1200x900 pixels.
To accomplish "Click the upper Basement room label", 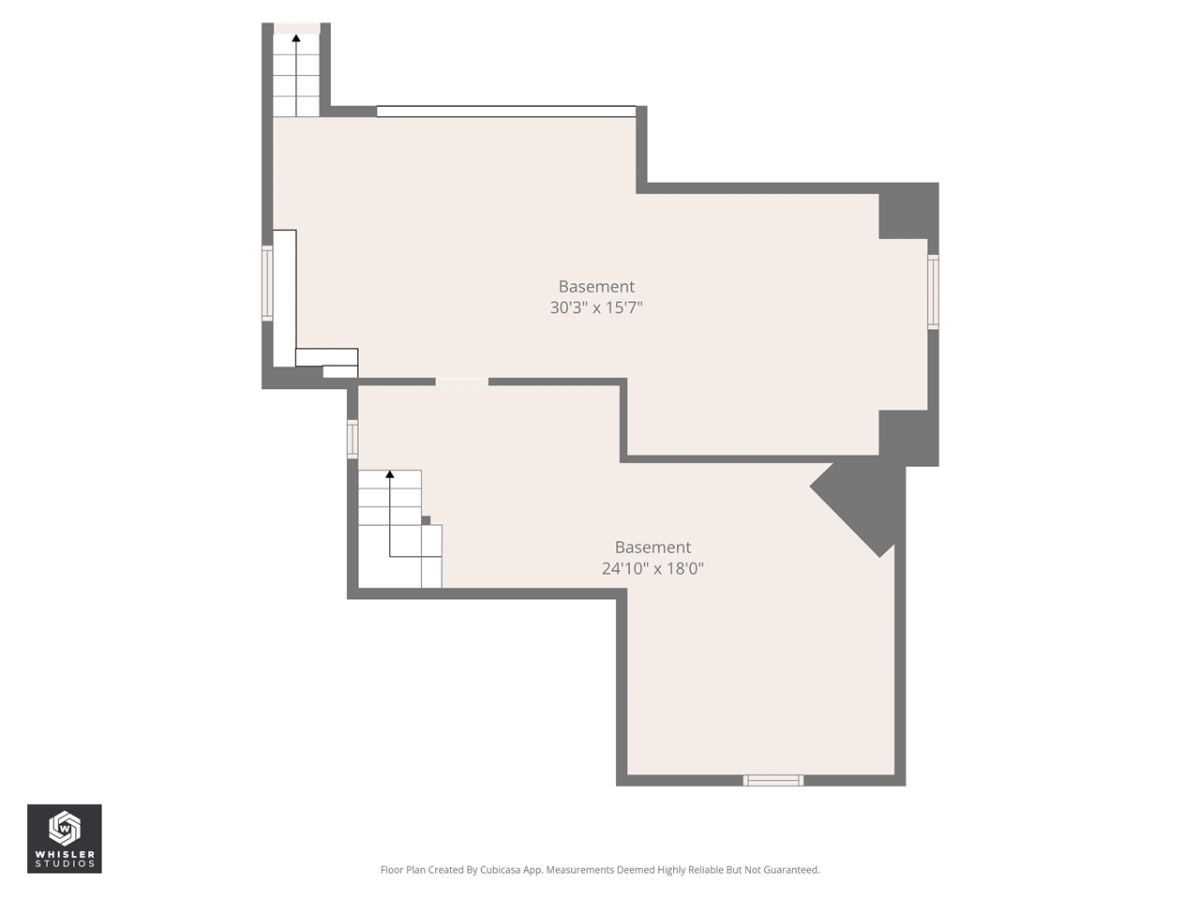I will click(596, 287).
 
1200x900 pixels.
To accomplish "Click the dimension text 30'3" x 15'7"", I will click(596, 307).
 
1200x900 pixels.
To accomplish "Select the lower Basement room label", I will click(652, 547).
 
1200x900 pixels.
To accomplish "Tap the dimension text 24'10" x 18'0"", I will click(652, 568).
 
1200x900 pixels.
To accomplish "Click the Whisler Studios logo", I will click(65, 838).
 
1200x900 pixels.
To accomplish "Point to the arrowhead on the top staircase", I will click(296, 38).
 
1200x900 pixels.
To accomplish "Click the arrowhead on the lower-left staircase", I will click(390, 474).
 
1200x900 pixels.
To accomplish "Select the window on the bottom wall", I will click(773, 780).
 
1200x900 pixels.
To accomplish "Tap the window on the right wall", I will click(933, 292).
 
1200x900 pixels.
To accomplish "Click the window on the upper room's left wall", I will click(267, 283).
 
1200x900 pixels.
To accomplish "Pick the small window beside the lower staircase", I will click(352, 439).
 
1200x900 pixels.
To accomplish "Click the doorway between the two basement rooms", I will click(462, 382).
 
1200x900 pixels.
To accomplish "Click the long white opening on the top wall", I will click(506, 112).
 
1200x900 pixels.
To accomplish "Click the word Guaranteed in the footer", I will click(787, 870).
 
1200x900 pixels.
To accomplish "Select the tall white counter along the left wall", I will click(285, 298).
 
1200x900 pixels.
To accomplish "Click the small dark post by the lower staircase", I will click(426, 520).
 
